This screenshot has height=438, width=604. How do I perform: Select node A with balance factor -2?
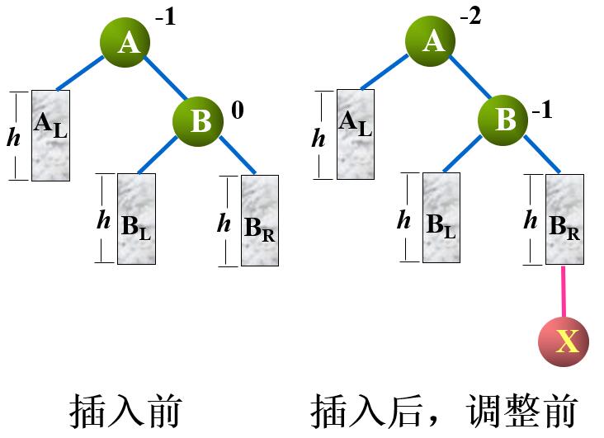tap(432, 41)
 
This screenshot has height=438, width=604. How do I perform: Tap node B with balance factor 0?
tap(200, 120)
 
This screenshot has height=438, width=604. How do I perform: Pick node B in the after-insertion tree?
tap(504, 120)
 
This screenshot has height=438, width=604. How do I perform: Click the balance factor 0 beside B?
tap(238, 110)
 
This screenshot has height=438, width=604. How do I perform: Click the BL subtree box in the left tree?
tap(137, 219)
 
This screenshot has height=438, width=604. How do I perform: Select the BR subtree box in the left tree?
tap(259, 221)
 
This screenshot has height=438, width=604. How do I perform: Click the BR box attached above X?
tap(564, 219)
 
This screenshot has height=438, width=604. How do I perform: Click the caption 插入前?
tap(125, 410)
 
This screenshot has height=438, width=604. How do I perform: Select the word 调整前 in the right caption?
tap(520, 410)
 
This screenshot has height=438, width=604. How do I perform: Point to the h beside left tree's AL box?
tap(13, 137)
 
